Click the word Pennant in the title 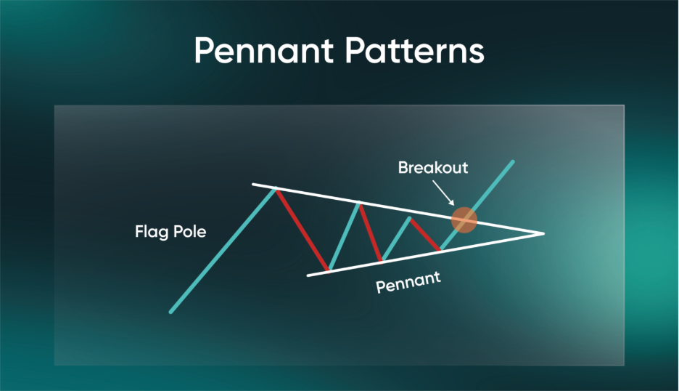264,50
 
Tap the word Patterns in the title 415,50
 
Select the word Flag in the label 152,232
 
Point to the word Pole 189,231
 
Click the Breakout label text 433,167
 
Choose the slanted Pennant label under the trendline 408,282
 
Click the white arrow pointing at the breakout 443,193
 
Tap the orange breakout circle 464,220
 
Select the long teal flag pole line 223,250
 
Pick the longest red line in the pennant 303,230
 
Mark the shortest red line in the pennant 425,234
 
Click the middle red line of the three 371,232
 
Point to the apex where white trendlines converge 543,233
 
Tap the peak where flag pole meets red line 276,189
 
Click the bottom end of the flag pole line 170,312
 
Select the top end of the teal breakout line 513,162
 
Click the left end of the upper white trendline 253,185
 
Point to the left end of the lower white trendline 308,275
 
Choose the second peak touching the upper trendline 359,203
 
